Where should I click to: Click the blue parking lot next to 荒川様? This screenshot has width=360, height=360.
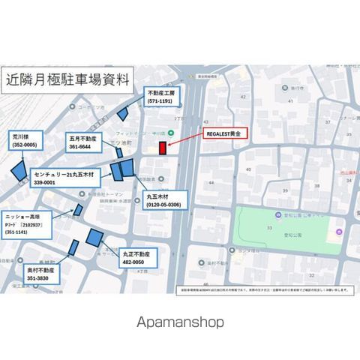[17, 169]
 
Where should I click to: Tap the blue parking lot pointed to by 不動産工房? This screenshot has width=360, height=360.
[124, 113]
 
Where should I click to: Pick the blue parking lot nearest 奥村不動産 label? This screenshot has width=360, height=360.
[73, 247]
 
